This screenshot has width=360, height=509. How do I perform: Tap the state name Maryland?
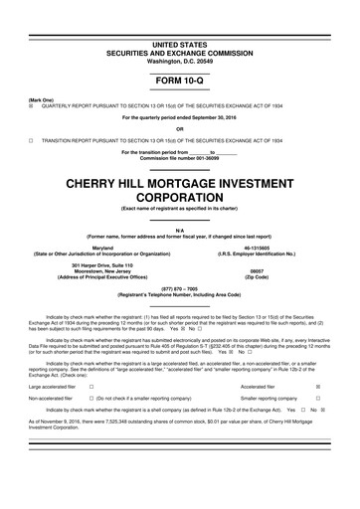coord(102,247)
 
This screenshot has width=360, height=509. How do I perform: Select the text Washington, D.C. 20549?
coord(179,35)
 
